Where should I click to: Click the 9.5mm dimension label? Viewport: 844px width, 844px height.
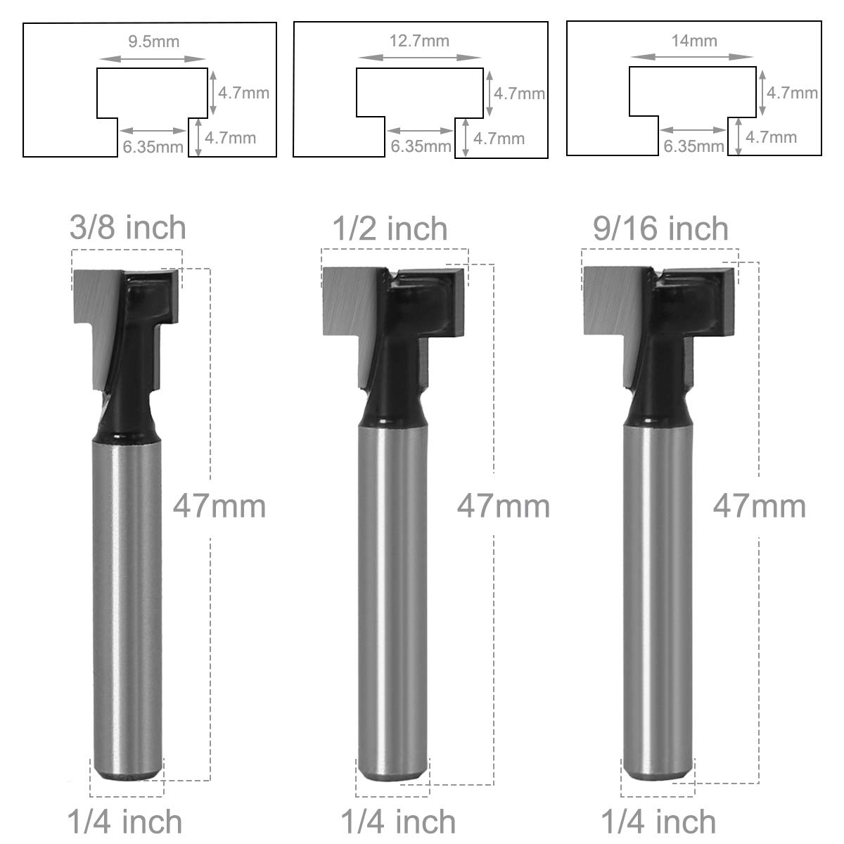[x=154, y=42]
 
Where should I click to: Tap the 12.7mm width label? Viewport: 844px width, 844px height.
[x=420, y=41]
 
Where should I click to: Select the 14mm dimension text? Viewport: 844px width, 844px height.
[x=694, y=41]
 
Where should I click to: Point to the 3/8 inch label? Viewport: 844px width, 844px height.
[x=128, y=228]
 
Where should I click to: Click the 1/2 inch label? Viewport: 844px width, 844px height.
[x=390, y=229]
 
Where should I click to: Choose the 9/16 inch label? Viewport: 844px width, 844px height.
[x=660, y=229]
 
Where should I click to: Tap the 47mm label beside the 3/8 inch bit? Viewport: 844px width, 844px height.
[x=219, y=506]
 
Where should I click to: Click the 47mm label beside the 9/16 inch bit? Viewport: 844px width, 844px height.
[x=760, y=506]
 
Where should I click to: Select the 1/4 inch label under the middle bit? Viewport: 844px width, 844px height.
[x=398, y=822]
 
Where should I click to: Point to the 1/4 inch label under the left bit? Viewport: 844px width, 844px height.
[x=124, y=822]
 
